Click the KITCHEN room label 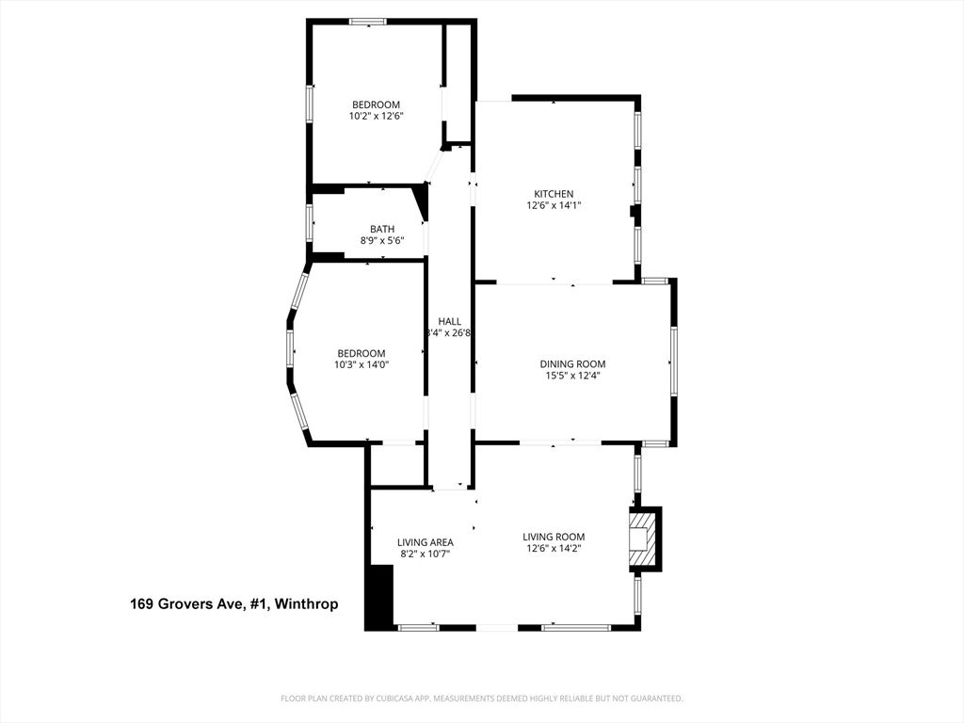(x=554, y=194)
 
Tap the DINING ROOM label (x=572, y=364)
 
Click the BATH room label (x=381, y=229)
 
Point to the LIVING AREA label (x=425, y=542)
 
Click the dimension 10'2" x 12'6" (x=376, y=117)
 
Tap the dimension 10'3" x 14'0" (x=361, y=365)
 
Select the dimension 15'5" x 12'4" (x=572, y=376)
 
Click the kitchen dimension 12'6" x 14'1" (x=554, y=205)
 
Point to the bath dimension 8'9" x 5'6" (x=381, y=241)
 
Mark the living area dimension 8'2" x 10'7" (x=425, y=554)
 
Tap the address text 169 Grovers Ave (x=187, y=604)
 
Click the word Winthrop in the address (x=307, y=604)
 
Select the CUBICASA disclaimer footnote (x=482, y=699)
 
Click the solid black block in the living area (x=379, y=597)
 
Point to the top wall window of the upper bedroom (x=367, y=21)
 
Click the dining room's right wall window (x=674, y=361)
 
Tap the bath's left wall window (x=310, y=223)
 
